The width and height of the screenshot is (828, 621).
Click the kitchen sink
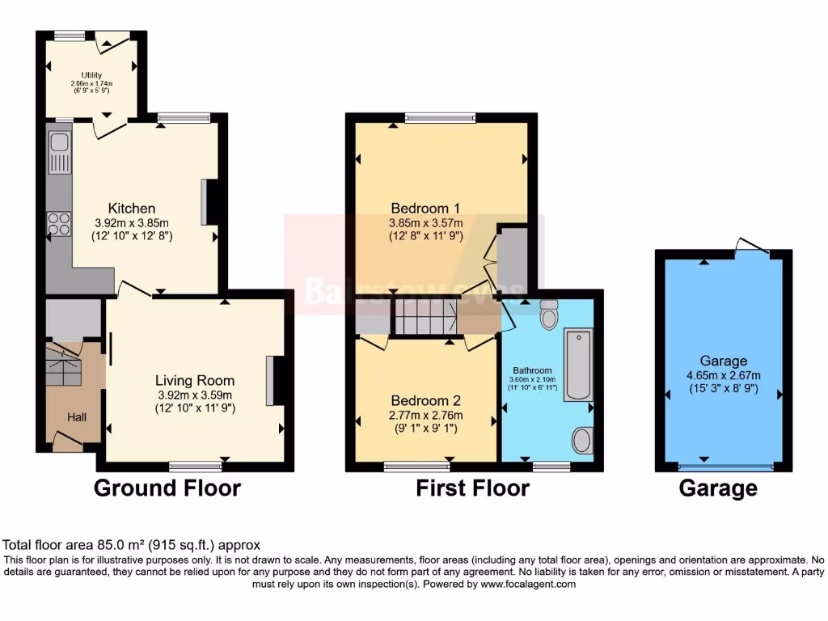[59, 153]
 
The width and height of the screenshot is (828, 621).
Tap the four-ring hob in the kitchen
[59, 222]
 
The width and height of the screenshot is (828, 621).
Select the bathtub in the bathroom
[577, 364]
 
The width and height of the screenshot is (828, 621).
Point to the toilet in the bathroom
[549, 315]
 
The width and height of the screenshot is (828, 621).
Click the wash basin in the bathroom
[581, 441]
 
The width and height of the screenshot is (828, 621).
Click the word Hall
[77, 417]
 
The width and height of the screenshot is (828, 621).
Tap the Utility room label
[91, 75]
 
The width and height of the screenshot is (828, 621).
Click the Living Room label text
[195, 380]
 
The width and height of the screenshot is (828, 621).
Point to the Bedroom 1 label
[426, 208]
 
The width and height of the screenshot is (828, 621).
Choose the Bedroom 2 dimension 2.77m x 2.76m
[425, 416]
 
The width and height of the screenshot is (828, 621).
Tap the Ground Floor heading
[167, 488]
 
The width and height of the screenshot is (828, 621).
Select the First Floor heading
[472, 488]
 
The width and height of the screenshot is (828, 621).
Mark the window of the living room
[195, 465]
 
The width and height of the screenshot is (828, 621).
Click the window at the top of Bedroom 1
[440, 118]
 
